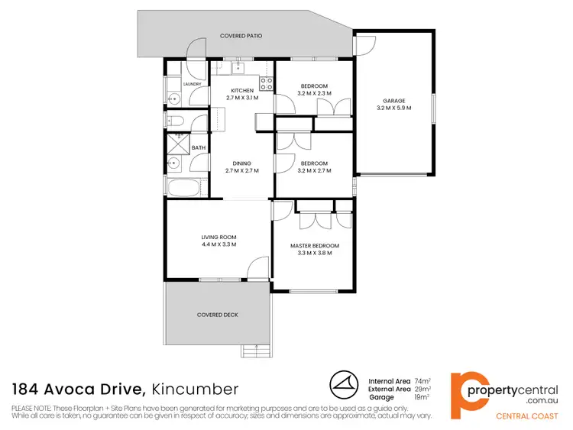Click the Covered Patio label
241,36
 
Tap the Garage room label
394,101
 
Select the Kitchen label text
242,91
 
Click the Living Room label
219,238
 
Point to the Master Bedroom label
314,245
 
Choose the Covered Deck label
219,315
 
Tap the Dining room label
242,163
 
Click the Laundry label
191,84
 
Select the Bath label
199,147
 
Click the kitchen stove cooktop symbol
267,83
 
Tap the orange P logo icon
467,391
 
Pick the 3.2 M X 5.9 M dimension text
394,108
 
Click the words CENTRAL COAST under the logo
526,415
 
